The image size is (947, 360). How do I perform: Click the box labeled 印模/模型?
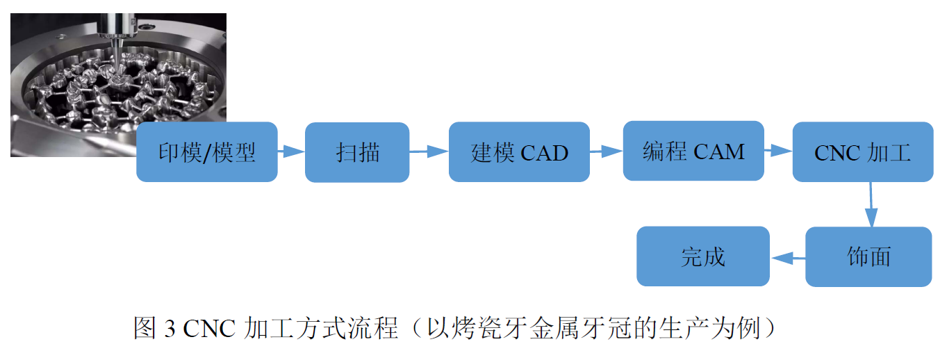206,152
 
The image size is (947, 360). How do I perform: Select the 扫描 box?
357,152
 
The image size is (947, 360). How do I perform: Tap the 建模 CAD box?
519,152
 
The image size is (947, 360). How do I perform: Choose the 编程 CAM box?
693,151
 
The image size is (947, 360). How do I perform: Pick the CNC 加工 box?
862,152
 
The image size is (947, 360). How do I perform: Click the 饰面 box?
868,256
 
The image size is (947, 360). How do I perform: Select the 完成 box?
702,256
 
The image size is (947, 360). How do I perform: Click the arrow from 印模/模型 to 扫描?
291,151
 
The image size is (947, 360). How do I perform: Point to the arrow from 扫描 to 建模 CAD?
429,151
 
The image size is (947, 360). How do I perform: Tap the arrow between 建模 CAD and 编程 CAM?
606,151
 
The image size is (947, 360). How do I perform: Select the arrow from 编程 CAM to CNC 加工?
778,149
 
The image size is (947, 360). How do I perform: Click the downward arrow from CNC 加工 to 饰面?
870,204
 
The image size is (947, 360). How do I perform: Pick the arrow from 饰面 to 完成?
787,258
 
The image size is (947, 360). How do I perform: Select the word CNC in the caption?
211,328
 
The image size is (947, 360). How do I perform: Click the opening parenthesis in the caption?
431,328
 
